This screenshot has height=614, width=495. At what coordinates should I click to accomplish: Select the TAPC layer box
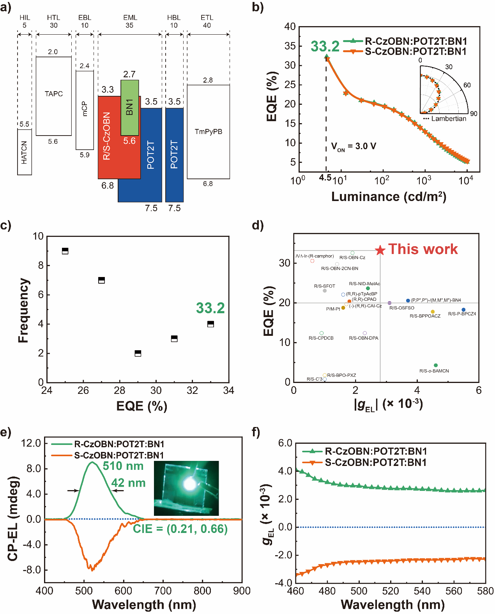tap(54, 96)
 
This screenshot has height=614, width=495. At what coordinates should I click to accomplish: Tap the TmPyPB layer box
tap(208, 132)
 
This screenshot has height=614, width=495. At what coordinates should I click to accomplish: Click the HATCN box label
tap(24, 152)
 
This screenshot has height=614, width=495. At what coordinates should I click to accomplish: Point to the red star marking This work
tap(380, 251)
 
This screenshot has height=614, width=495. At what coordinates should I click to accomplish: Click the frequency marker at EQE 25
tap(65, 251)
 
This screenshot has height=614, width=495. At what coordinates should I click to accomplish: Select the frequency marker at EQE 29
tap(138, 353)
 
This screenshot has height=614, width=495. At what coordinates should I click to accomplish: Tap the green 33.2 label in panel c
tap(210, 308)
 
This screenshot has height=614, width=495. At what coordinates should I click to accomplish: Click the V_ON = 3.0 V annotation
tap(354, 146)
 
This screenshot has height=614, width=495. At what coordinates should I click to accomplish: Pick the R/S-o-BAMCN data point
tap(436, 365)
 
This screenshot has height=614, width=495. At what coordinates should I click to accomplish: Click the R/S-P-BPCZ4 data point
tap(463, 310)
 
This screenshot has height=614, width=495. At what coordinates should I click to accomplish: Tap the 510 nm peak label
tap(123, 466)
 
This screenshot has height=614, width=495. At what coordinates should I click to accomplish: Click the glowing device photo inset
tap(186, 488)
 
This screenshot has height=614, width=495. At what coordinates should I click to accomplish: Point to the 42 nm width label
tap(129, 483)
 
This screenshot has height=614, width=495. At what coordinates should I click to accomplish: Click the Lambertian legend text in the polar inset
tap(449, 119)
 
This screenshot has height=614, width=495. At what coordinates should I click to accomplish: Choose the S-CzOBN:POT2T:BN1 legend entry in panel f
tap(376, 462)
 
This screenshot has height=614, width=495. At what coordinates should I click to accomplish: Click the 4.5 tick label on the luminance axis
tap(325, 178)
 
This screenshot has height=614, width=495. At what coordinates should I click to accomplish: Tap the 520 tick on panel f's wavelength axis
tap(391, 591)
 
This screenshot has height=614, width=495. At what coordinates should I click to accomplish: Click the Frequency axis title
tap(24, 310)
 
